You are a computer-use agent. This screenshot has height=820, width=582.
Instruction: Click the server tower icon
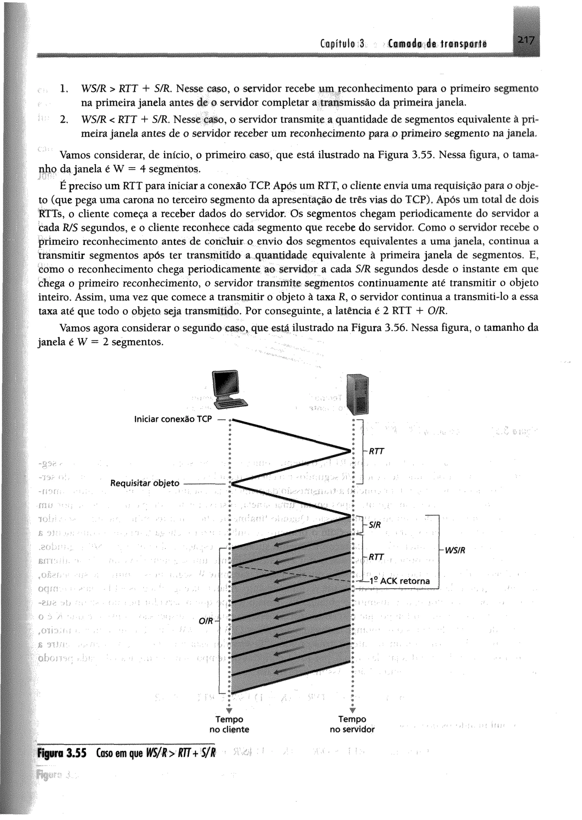click(357, 393)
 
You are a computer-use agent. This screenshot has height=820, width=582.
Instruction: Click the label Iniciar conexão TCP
click(173, 419)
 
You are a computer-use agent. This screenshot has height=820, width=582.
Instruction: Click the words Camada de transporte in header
click(437, 44)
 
